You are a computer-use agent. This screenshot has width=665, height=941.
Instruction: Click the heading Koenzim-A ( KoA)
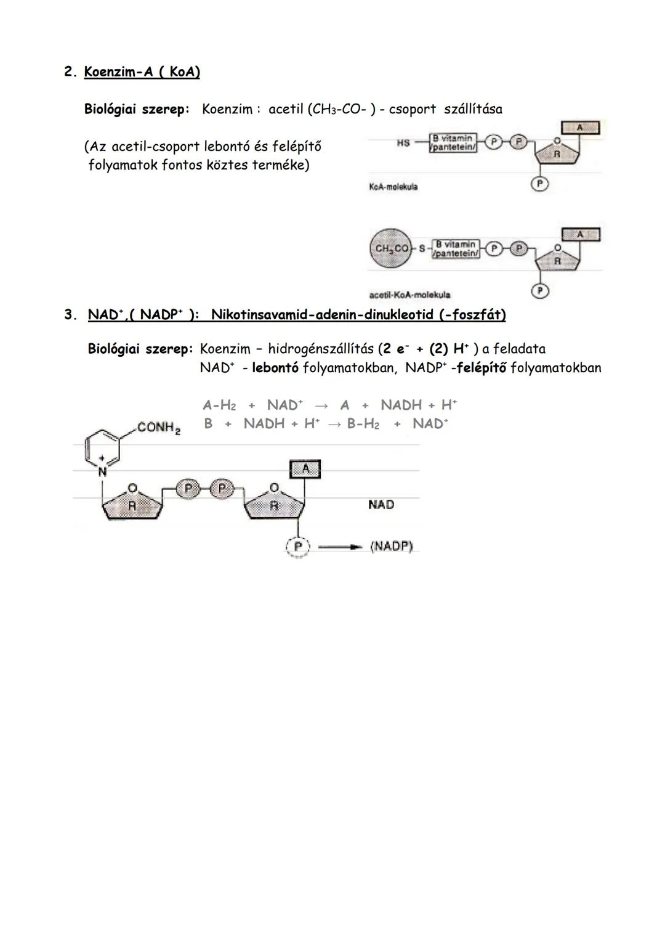142,72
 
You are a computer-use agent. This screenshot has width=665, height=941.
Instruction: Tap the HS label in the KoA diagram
403,143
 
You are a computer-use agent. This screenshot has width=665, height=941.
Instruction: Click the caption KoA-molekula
393,186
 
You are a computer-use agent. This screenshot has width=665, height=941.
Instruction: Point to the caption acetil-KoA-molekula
409,295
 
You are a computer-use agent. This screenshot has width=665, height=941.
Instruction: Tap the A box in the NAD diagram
305,470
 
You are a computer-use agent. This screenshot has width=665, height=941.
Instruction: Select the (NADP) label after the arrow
391,546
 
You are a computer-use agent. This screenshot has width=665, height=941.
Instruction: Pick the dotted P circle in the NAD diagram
298,547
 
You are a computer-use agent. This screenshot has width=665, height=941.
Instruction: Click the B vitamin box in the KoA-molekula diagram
454,143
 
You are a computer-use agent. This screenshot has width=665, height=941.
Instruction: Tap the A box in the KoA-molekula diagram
579,128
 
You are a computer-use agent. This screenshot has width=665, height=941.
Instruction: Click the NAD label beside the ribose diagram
381,505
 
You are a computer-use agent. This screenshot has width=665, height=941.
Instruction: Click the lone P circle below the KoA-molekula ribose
540,183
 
